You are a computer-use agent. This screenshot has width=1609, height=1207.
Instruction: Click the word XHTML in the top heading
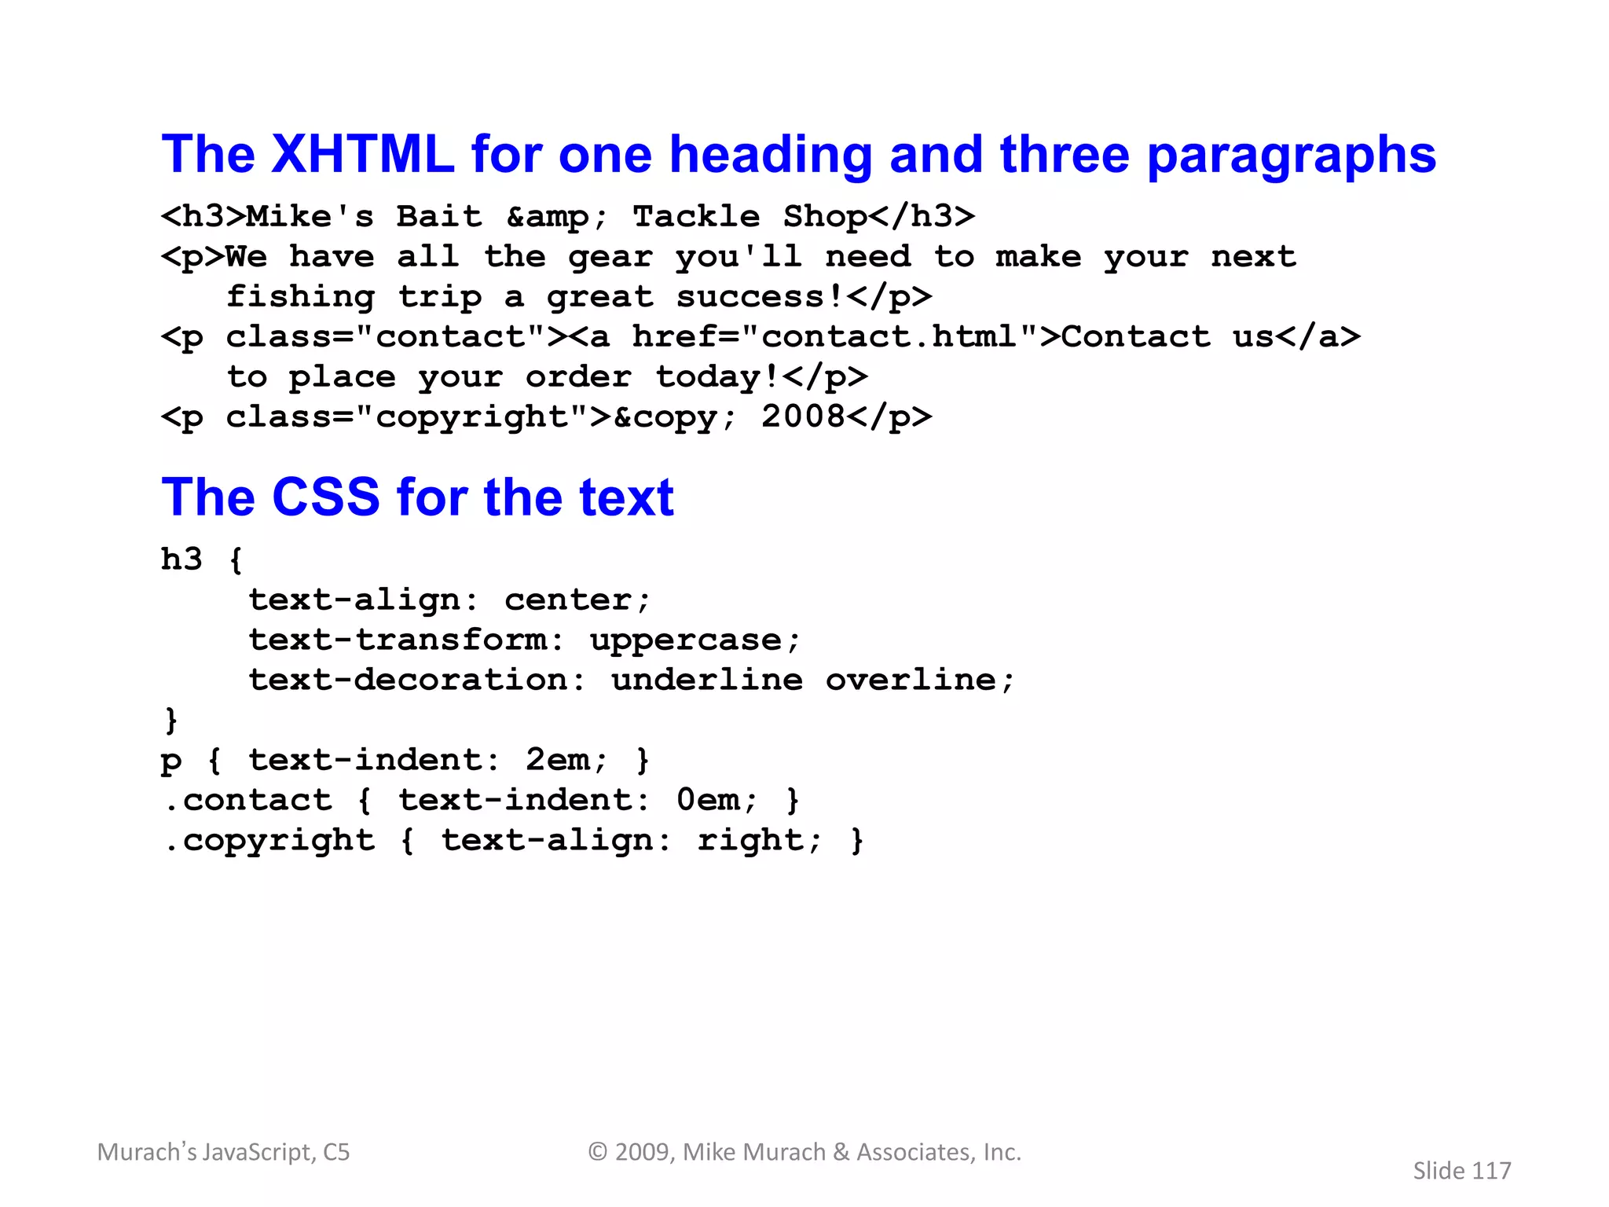(x=362, y=154)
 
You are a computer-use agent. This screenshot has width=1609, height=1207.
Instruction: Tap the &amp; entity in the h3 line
(x=556, y=217)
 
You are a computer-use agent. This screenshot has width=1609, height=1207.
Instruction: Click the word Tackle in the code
(x=696, y=217)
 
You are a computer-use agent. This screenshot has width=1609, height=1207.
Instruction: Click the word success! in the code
(x=759, y=297)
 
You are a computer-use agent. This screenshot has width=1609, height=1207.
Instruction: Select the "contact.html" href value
(x=889, y=337)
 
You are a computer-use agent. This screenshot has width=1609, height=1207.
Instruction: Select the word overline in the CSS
(x=910, y=681)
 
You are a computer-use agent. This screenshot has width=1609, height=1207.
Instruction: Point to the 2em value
(x=557, y=761)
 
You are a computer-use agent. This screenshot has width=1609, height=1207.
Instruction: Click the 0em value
(x=708, y=801)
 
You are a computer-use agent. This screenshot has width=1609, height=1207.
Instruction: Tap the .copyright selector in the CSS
(x=269, y=841)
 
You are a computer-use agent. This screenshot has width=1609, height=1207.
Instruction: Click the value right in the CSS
(x=750, y=841)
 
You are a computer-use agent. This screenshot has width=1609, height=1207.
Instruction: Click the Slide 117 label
(x=1461, y=1171)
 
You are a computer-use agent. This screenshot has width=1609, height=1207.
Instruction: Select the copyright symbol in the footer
(x=598, y=1152)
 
